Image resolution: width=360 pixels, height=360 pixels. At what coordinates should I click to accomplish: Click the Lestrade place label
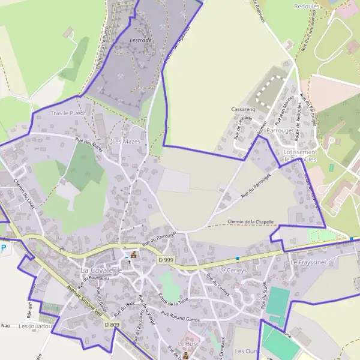pos(141,40)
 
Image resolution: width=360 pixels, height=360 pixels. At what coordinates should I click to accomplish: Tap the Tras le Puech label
pos(68,113)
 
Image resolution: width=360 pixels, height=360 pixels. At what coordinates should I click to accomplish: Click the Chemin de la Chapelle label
pos(251,222)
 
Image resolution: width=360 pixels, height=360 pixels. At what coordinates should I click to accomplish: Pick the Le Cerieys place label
pos(231,271)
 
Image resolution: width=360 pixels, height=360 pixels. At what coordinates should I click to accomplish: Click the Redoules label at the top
pos(307,6)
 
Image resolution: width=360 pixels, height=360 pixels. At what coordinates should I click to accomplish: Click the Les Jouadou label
pos(37,326)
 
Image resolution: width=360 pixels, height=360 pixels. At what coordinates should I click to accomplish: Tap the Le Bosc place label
pos(188,344)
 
